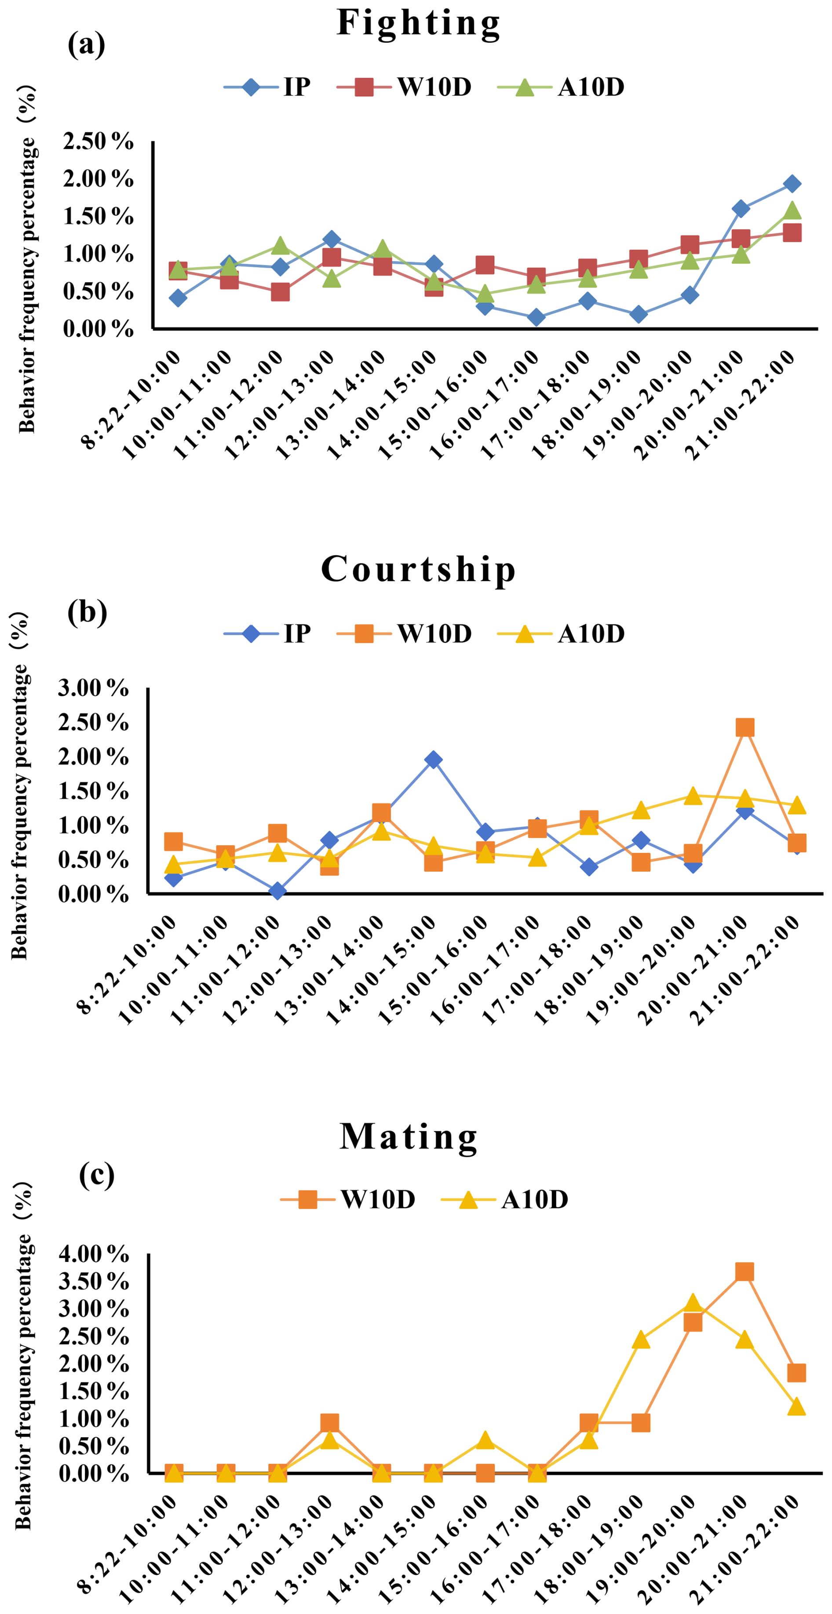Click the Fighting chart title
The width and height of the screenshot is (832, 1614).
point(418,23)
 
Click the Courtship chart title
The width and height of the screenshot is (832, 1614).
point(418,570)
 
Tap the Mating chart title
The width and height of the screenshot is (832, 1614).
point(409,1136)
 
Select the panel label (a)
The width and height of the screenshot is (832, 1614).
point(87,44)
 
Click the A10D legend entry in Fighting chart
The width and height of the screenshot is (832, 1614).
point(561,87)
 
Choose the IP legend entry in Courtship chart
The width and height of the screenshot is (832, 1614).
point(267,633)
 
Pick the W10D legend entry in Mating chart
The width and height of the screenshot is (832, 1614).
point(348,1199)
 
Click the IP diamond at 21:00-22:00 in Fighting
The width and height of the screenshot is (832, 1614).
point(792,184)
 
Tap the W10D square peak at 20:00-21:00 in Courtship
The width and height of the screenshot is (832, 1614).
point(744,727)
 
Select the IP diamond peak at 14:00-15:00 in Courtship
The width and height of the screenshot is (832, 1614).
point(433,760)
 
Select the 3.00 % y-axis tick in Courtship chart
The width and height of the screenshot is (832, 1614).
point(93,688)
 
